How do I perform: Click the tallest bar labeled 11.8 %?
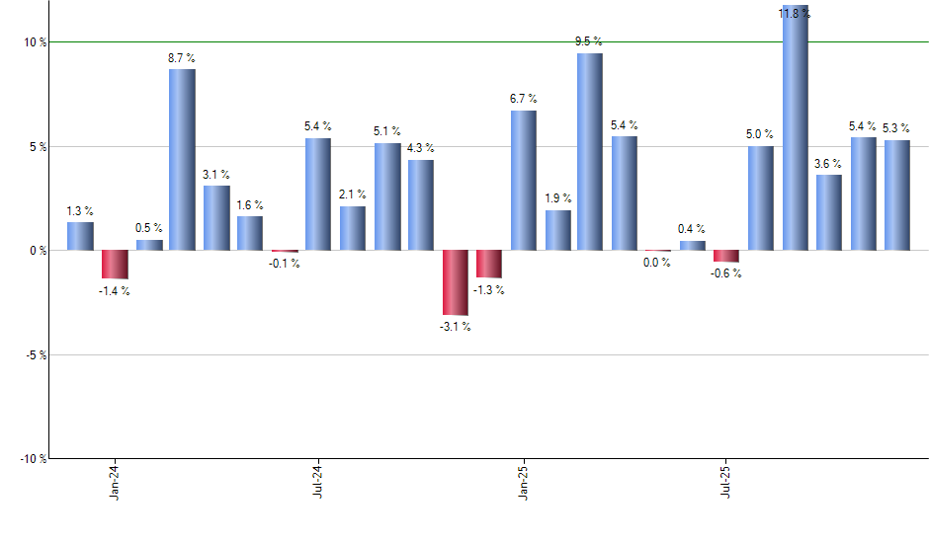(796, 128)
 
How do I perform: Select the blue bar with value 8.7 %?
(182, 159)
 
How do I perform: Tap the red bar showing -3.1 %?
(456, 282)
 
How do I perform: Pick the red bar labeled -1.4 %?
(115, 265)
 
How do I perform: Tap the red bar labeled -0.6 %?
(726, 256)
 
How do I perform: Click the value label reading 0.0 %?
(657, 263)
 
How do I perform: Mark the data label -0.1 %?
(285, 264)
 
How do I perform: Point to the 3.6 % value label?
(828, 164)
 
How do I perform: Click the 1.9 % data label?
(558, 199)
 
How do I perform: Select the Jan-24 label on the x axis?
(115, 481)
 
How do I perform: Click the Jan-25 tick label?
(523, 481)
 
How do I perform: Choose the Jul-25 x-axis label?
(727, 481)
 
